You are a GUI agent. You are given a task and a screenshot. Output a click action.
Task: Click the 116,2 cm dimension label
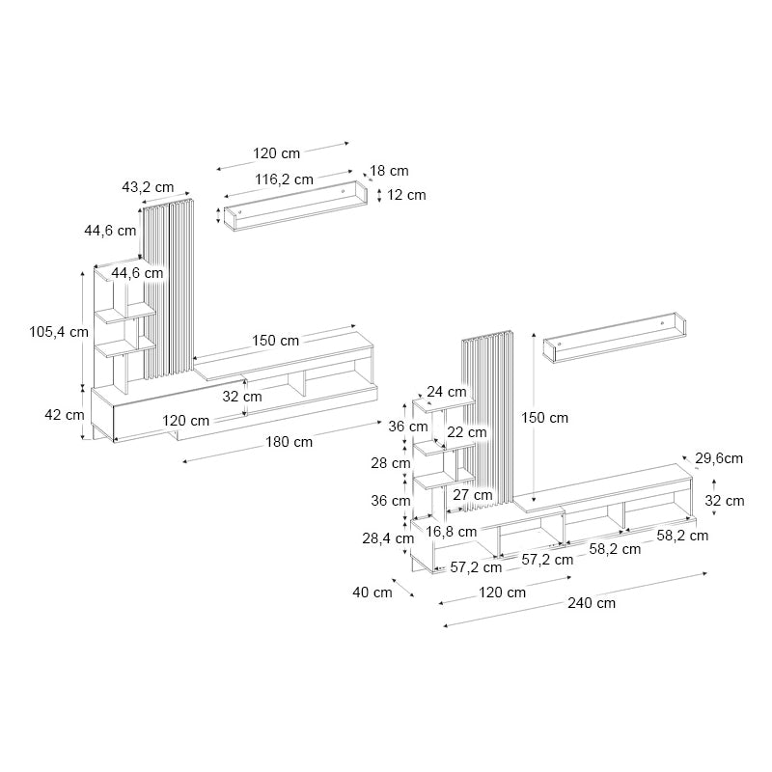tap(284, 179)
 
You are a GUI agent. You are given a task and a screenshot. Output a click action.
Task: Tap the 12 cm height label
tap(406, 195)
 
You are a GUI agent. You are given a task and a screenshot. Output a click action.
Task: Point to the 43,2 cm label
tap(148, 186)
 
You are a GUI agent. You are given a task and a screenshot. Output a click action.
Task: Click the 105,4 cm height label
tap(58, 332)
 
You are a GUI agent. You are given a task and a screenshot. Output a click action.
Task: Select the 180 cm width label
tap(289, 442)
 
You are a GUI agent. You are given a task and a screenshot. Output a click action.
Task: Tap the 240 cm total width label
tap(592, 603)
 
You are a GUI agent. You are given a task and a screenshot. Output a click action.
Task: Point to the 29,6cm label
tap(719, 458)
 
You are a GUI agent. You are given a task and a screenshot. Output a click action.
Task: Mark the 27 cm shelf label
tap(473, 495)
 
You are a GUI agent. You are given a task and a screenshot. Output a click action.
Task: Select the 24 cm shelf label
tap(447, 392)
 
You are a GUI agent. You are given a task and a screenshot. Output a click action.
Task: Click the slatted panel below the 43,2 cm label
tap(170, 289)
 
